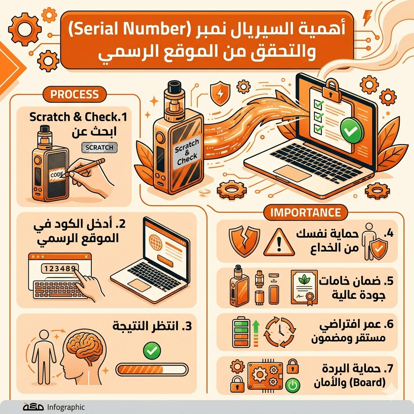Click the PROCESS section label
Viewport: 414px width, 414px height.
tap(74, 95)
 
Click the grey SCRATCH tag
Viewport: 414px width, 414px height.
tap(99, 148)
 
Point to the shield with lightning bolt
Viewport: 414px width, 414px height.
tap(221, 93)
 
